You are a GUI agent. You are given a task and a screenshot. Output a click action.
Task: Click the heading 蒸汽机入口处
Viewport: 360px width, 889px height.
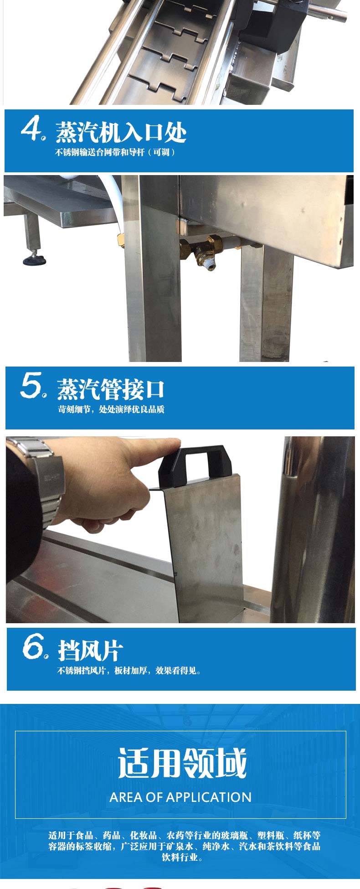point(121,132)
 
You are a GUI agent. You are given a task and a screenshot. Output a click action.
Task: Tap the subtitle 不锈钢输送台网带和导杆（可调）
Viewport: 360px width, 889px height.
point(115,152)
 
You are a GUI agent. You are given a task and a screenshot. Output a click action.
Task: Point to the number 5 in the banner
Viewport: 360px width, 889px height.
point(31,385)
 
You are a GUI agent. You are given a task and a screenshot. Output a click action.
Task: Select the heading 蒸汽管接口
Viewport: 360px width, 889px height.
point(110,389)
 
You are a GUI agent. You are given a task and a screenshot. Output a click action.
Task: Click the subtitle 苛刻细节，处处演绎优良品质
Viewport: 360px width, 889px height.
point(111,409)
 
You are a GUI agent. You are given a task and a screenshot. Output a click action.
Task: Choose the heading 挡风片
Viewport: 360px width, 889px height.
point(90,650)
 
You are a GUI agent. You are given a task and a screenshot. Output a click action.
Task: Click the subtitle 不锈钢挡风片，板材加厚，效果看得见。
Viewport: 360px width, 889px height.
point(129,671)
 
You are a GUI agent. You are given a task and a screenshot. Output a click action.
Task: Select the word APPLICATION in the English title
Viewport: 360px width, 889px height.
point(208,797)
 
